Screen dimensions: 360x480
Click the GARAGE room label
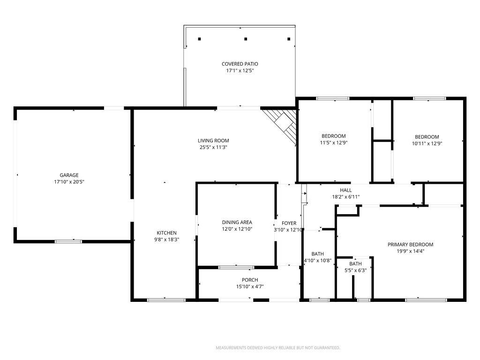(x=69, y=175)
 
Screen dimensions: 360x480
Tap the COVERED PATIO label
(x=240, y=64)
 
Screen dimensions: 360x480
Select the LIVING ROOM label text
(x=213, y=141)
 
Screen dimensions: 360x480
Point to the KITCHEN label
(x=166, y=233)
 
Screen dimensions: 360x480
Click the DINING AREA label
(x=237, y=222)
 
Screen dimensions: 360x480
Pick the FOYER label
(x=289, y=223)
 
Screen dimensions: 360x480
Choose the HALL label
(x=346, y=190)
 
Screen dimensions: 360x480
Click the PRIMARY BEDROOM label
(x=410, y=244)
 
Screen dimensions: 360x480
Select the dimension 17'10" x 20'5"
(x=69, y=182)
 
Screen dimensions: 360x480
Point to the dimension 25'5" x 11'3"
(x=213, y=147)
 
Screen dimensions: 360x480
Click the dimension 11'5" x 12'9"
(x=334, y=143)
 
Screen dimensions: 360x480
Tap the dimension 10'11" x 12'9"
(x=427, y=143)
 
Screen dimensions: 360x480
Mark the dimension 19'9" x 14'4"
(x=410, y=251)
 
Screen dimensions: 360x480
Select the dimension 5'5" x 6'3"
(x=355, y=270)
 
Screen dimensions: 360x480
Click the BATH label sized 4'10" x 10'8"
(x=317, y=254)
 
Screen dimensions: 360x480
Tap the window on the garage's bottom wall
(x=68, y=241)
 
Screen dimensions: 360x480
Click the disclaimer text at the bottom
(x=277, y=348)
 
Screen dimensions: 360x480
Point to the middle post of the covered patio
(x=245, y=39)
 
